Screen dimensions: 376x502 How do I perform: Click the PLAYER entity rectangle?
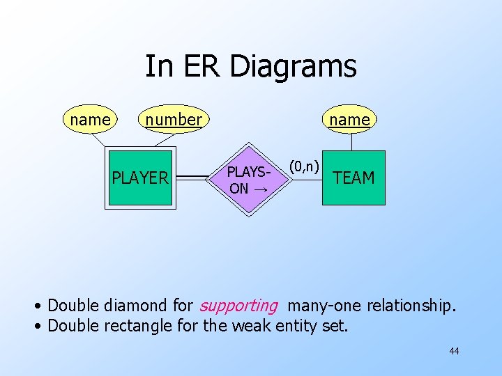click(140, 178)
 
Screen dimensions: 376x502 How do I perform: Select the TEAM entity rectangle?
click(353, 178)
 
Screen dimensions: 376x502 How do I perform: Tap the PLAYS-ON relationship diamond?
click(248, 179)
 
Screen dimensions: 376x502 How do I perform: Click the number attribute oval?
click(173, 120)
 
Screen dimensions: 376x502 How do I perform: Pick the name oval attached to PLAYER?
click(90, 120)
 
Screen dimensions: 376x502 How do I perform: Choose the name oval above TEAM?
click(350, 120)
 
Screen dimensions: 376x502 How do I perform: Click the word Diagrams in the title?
click(293, 67)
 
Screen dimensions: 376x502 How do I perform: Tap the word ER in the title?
click(202, 67)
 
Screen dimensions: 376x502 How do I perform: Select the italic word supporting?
click(238, 305)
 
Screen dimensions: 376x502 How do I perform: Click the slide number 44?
click(454, 351)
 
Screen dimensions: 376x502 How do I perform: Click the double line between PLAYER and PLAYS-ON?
click(197, 178)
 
